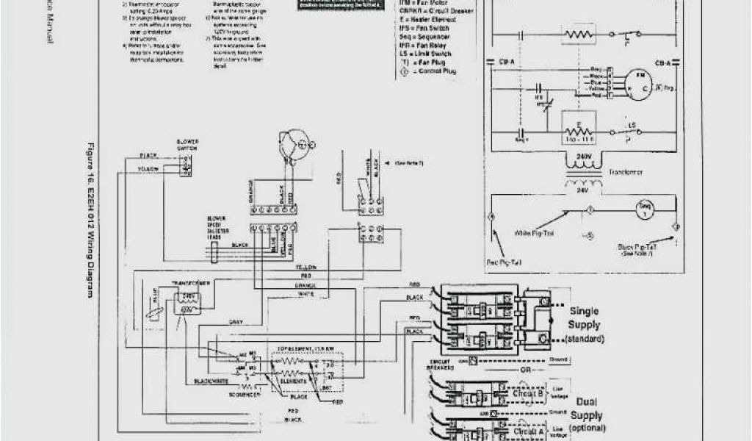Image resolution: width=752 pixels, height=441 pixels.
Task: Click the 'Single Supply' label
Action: (x=585, y=318)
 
